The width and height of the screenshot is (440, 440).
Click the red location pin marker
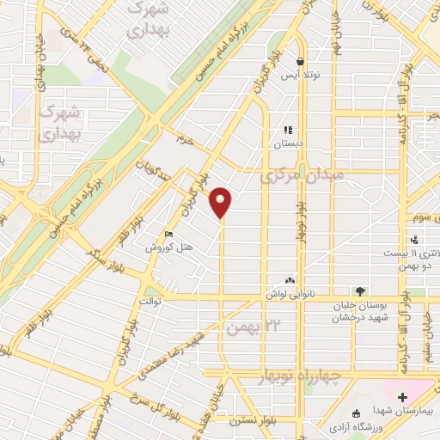coord(222,201)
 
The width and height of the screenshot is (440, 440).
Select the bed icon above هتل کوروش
coord(169,234)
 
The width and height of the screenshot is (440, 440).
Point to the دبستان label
coord(290,144)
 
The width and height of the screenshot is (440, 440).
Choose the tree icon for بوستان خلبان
coord(359,291)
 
